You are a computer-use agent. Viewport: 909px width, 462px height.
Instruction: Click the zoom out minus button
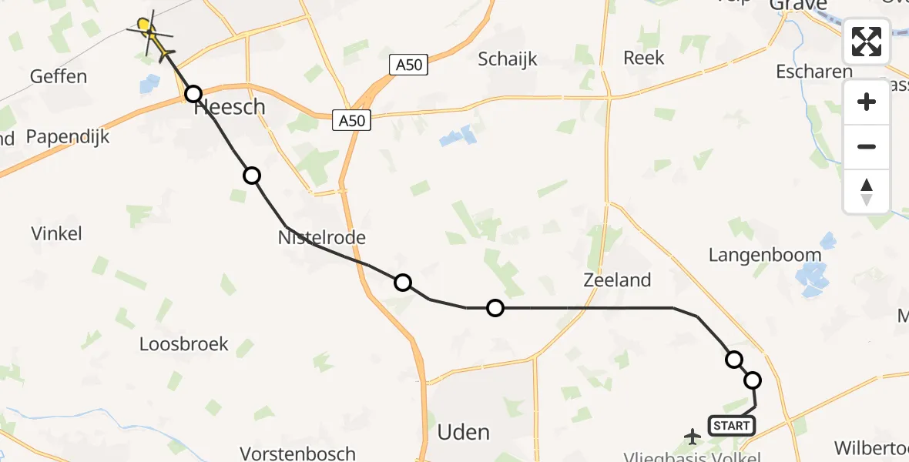click(867, 146)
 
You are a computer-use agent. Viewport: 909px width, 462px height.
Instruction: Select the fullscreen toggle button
click(867, 42)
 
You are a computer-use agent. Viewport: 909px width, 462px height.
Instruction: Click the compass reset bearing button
click(867, 192)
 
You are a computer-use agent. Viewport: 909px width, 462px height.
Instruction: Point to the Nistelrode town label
click(321, 238)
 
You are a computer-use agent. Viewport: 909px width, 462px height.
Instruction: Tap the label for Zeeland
click(617, 280)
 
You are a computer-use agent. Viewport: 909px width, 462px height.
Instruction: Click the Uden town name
click(463, 432)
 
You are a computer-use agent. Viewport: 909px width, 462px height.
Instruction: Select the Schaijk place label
click(508, 59)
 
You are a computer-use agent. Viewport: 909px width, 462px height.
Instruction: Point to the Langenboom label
click(765, 255)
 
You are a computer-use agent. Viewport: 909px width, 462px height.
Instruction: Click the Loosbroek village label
click(184, 343)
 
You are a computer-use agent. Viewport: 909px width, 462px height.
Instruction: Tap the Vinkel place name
click(56, 233)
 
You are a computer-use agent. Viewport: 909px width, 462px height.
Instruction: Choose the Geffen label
click(58, 76)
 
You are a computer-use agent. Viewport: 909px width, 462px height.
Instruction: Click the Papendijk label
click(68, 137)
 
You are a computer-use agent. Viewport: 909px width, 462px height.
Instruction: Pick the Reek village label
click(643, 58)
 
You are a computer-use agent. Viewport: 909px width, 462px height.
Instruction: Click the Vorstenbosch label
click(297, 454)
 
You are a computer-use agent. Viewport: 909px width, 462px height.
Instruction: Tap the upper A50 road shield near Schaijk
click(408, 65)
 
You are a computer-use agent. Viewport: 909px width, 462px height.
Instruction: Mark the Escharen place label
click(814, 72)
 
